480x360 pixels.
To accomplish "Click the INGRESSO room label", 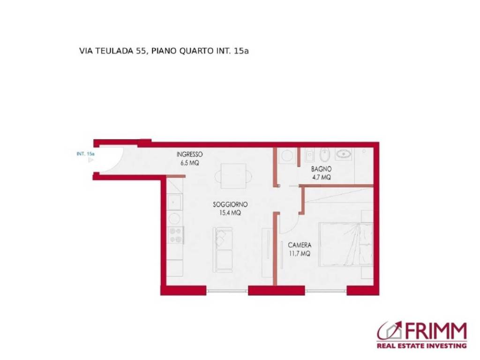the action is [189, 155].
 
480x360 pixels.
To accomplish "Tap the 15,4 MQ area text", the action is [230, 213].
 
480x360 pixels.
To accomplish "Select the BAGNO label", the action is [321, 169].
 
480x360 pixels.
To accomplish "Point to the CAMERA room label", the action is [300, 245].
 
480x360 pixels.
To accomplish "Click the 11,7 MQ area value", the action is [300, 254].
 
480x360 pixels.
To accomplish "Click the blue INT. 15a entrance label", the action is [85, 154].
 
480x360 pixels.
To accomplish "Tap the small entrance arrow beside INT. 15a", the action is [90, 159].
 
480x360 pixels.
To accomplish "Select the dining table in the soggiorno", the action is [234, 176].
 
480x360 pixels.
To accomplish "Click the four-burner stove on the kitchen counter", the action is [175, 235].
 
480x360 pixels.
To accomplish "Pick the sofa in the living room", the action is [223, 250].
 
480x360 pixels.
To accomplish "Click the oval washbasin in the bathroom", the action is [343, 154].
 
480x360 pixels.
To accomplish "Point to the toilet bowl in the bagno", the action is [324, 155].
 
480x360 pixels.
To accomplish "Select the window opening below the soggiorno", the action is [227, 291].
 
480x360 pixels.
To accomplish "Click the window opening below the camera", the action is [326, 291].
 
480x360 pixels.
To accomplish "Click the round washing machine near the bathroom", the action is [287, 156].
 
